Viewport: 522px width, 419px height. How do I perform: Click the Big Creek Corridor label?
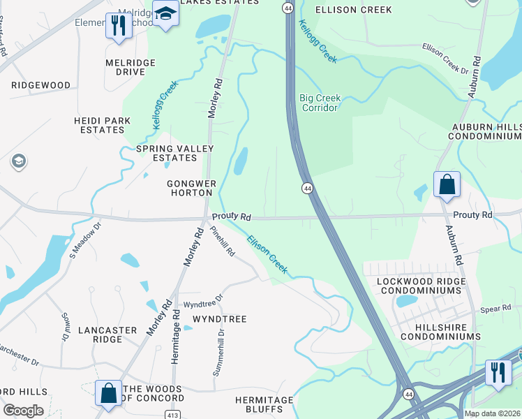[320, 103]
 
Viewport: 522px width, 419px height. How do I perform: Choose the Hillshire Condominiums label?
[438, 331]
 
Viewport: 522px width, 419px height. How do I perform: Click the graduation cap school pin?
[165, 14]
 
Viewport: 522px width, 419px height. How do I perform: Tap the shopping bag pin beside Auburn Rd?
[447, 184]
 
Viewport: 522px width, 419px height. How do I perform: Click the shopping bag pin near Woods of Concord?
[110, 393]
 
